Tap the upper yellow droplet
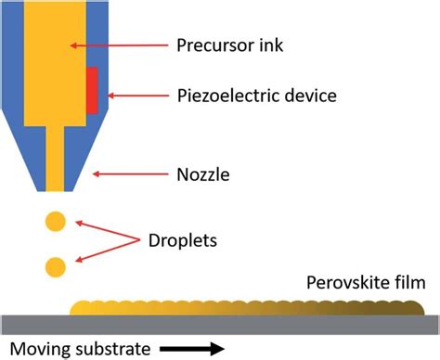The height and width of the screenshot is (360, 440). pos(57,222)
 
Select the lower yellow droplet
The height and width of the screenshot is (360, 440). pos(57,268)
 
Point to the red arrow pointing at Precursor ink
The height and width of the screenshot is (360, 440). pos(115,44)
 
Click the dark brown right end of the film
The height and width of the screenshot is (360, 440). pos(408,305)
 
